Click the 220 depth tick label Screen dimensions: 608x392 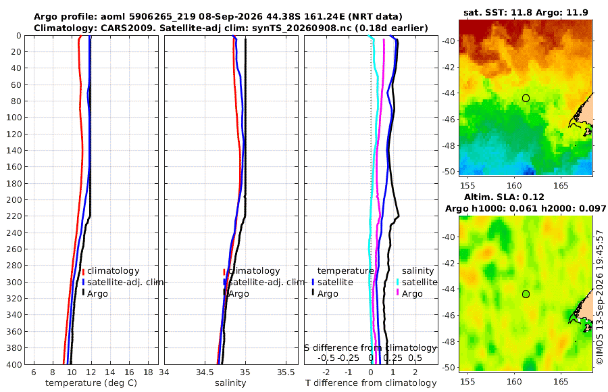14,216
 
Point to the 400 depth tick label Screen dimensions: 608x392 14,364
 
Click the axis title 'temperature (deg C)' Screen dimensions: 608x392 91,383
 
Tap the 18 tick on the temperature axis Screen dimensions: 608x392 148,372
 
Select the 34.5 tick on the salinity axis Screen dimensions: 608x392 205,372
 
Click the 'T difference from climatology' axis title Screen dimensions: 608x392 371,383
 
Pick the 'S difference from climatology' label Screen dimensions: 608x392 370,348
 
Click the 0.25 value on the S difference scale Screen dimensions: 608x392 392,358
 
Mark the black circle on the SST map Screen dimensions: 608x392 526,98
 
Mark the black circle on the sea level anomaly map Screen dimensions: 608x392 526,294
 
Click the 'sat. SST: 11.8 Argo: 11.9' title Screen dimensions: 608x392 526,12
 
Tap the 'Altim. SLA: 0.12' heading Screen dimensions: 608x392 504,197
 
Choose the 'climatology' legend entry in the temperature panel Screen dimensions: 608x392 113,271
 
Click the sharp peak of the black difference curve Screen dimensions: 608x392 399,216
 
